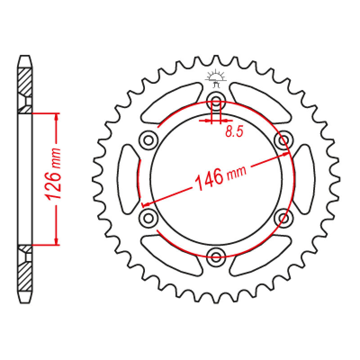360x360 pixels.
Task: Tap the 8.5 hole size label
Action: pyautogui.click(x=234, y=131)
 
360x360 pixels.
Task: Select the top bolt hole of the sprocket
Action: pyautogui.click(x=216, y=101)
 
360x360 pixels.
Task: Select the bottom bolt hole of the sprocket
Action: pyautogui.click(x=216, y=257)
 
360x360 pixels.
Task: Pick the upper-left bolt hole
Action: pyautogui.click(x=148, y=140)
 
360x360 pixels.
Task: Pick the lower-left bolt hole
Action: pyautogui.click(x=148, y=218)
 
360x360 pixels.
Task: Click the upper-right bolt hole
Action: pyautogui.click(x=283, y=140)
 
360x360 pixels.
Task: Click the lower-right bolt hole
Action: pyautogui.click(x=283, y=218)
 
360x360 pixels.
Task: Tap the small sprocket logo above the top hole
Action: pyautogui.click(x=216, y=79)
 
